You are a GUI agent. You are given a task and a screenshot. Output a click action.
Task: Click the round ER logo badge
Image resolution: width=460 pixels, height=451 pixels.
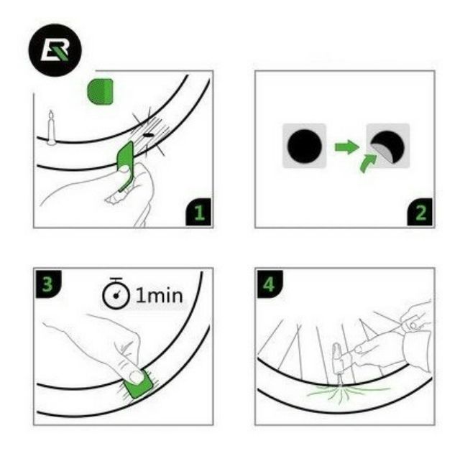[x=55, y=50]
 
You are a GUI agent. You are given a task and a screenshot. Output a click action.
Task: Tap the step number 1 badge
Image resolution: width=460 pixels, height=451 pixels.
[x=198, y=212]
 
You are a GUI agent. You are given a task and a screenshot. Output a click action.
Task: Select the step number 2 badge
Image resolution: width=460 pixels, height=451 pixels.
[x=420, y=212]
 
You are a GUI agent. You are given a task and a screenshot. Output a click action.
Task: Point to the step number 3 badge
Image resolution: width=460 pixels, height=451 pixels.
[x=48, y=284]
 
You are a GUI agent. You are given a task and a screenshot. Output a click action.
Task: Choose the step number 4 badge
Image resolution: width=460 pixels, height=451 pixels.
[x=270, y=284]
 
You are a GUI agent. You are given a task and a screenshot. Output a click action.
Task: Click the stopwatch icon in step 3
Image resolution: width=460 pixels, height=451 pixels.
[x=116, y=294]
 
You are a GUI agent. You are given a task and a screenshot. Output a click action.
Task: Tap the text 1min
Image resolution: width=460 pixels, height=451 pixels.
[x=160, y=295]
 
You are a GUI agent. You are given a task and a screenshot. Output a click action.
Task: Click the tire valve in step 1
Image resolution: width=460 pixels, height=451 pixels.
[x=52, y=128]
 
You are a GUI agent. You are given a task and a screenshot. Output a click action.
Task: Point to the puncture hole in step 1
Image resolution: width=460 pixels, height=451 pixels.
[x=147, y=136]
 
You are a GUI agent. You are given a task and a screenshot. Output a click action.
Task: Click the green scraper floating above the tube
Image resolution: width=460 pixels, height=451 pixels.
[x=100, y=91]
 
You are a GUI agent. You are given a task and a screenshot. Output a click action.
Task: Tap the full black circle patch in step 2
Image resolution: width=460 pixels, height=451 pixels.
[x=305, y=146]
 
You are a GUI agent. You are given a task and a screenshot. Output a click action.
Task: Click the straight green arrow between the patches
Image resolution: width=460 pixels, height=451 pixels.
[x=346, y=147]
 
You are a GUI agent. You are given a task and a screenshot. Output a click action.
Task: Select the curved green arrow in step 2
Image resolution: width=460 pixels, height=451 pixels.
[x=367, y=163]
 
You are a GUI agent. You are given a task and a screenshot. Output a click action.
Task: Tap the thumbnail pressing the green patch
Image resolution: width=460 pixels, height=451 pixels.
[x=137, y=377]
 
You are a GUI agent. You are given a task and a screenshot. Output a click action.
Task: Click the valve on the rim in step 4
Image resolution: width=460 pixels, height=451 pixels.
[x=339, y=363]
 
